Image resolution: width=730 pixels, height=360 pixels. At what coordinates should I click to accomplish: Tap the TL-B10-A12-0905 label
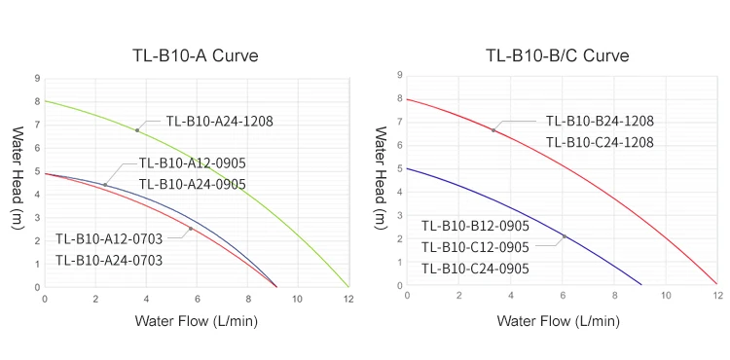click(192, 162)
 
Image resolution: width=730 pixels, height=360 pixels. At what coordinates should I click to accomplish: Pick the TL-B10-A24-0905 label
click(192, 184)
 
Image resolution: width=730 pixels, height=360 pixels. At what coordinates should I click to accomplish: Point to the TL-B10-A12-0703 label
click(108, 238)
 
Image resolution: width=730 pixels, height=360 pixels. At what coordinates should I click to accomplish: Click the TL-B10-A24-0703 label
click(108, 260)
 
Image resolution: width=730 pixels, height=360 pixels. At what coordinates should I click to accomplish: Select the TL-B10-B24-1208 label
click(599, 122)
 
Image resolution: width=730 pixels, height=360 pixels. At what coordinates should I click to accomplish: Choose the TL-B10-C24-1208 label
click(599, 143)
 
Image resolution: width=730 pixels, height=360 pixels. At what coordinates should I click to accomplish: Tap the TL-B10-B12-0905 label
click(475, 226)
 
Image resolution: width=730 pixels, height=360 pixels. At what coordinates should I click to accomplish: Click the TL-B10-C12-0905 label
click(475, 247)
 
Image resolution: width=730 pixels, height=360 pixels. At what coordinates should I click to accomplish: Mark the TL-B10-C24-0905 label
click(475, 269)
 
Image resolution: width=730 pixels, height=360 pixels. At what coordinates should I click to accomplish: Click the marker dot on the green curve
click(137, 130)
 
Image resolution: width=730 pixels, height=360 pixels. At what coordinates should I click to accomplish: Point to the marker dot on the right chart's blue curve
click(564, 236)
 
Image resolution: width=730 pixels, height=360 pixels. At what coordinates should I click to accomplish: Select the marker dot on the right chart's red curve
click(493, 130)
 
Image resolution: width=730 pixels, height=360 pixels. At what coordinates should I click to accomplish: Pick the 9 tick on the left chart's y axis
click(36, 78)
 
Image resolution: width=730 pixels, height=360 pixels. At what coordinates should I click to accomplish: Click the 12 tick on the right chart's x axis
click(717, 296)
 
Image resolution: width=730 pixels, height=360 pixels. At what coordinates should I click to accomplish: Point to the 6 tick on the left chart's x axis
click(197, 298)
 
